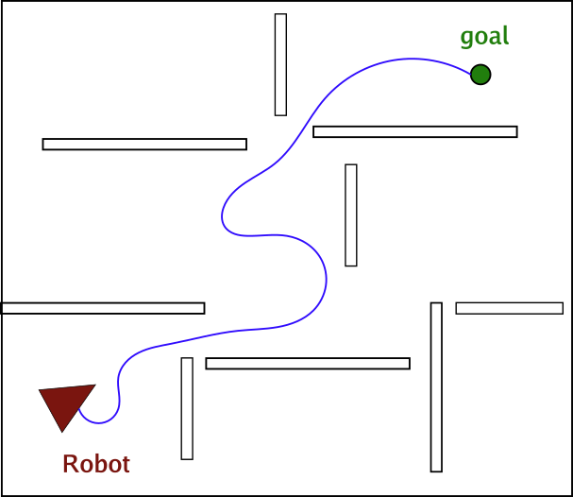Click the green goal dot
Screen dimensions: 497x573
coord(480,74)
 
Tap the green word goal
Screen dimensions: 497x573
coord(483,37)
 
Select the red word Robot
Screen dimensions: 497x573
coord(95,464)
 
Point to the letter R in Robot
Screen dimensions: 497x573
coord(70,464)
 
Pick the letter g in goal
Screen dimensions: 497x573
coord(466,39)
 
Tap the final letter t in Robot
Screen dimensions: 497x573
coord(125,465)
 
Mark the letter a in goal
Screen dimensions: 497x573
coord(494,38)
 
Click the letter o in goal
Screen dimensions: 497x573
coord(480,38)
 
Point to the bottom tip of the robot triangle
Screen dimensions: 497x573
coord(61,431)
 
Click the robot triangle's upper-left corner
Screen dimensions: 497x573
coord(40,390)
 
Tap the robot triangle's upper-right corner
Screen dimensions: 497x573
coord(94,386)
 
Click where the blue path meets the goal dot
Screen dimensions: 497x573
coord(472,72)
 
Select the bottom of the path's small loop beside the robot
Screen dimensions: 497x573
coord(101,422)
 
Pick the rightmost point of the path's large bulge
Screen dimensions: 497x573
coord(327,279)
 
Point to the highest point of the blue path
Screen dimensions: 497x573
coord(410,59)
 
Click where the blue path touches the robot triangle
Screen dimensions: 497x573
coord(80,408)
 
